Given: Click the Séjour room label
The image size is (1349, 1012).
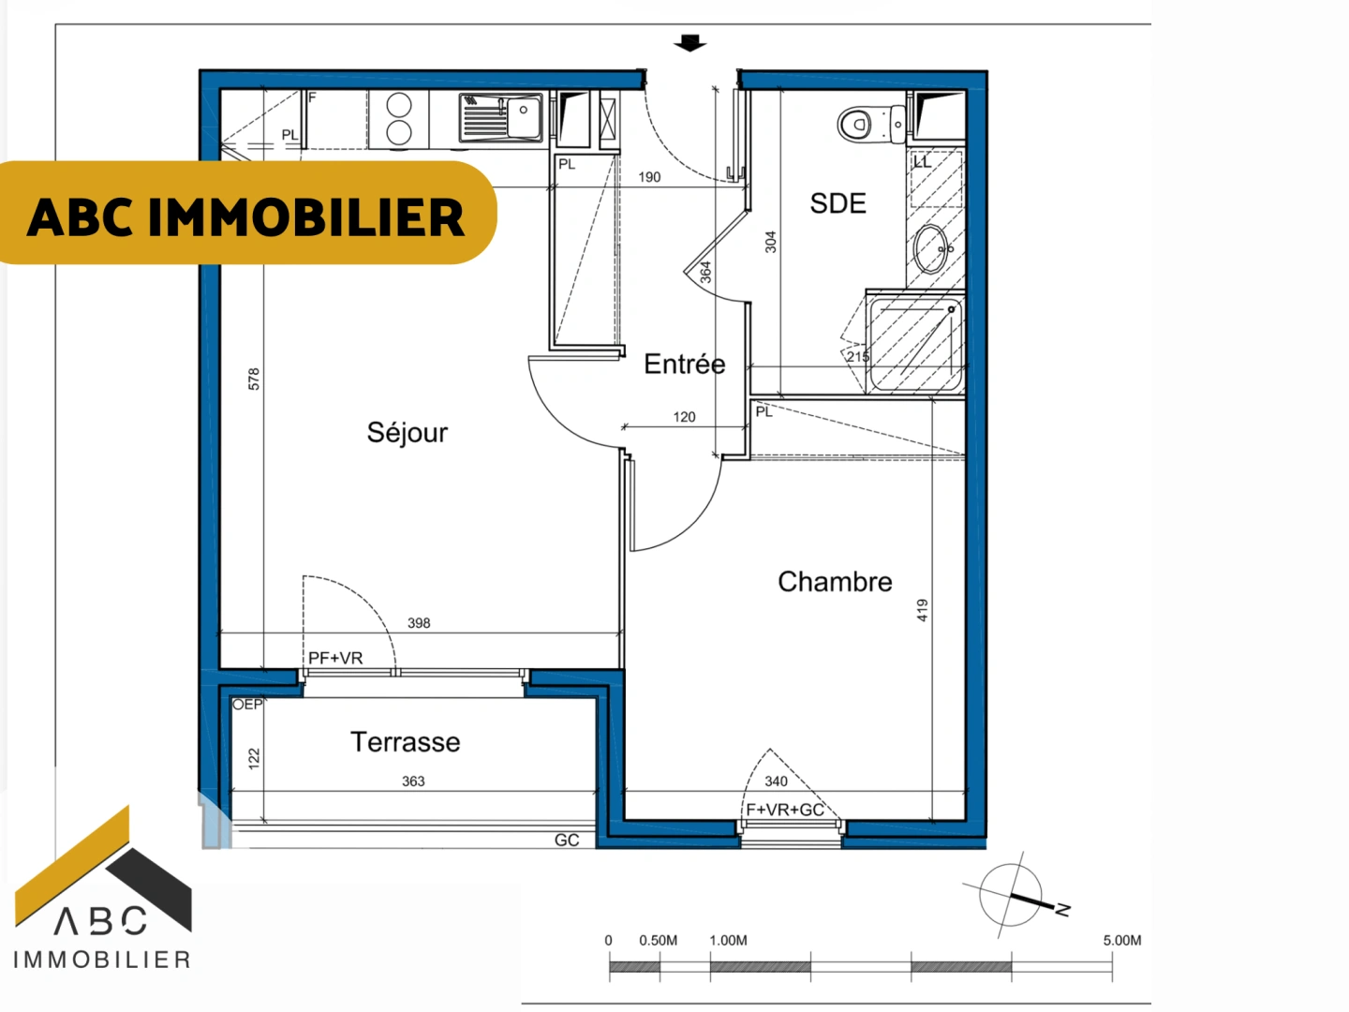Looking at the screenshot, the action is [408, 433].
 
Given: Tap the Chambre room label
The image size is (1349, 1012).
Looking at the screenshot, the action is [835, 581].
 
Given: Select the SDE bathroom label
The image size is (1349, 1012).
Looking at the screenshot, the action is [838, 203].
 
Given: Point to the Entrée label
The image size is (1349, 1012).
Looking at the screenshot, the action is [684, 364].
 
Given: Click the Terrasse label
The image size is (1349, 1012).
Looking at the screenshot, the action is [405, 741].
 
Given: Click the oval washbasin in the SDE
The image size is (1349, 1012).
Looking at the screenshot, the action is [930, 249].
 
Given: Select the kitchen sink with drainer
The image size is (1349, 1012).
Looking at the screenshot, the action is [500, 117].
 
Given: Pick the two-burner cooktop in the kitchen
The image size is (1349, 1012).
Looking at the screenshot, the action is [398, 119].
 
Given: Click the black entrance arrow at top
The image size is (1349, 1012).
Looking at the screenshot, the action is [689, 43].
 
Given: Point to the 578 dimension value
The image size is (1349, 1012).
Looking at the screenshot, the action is [254, 379].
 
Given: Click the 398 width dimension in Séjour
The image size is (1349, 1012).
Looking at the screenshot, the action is [419, 623].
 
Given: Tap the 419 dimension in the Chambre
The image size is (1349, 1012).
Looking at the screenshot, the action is [922, 610].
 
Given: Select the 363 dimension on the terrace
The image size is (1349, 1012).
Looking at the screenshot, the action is [413, 781].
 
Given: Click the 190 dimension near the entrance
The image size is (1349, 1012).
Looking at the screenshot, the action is [649, 177].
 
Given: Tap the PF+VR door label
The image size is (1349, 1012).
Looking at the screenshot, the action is [335, 658].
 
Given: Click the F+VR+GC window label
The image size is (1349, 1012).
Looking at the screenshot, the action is [785, 810].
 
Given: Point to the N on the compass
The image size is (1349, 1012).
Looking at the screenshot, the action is [1062, 909].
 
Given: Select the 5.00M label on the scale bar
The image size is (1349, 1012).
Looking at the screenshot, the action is [1121, 940].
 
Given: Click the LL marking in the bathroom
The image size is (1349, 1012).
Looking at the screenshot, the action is [923, 162].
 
